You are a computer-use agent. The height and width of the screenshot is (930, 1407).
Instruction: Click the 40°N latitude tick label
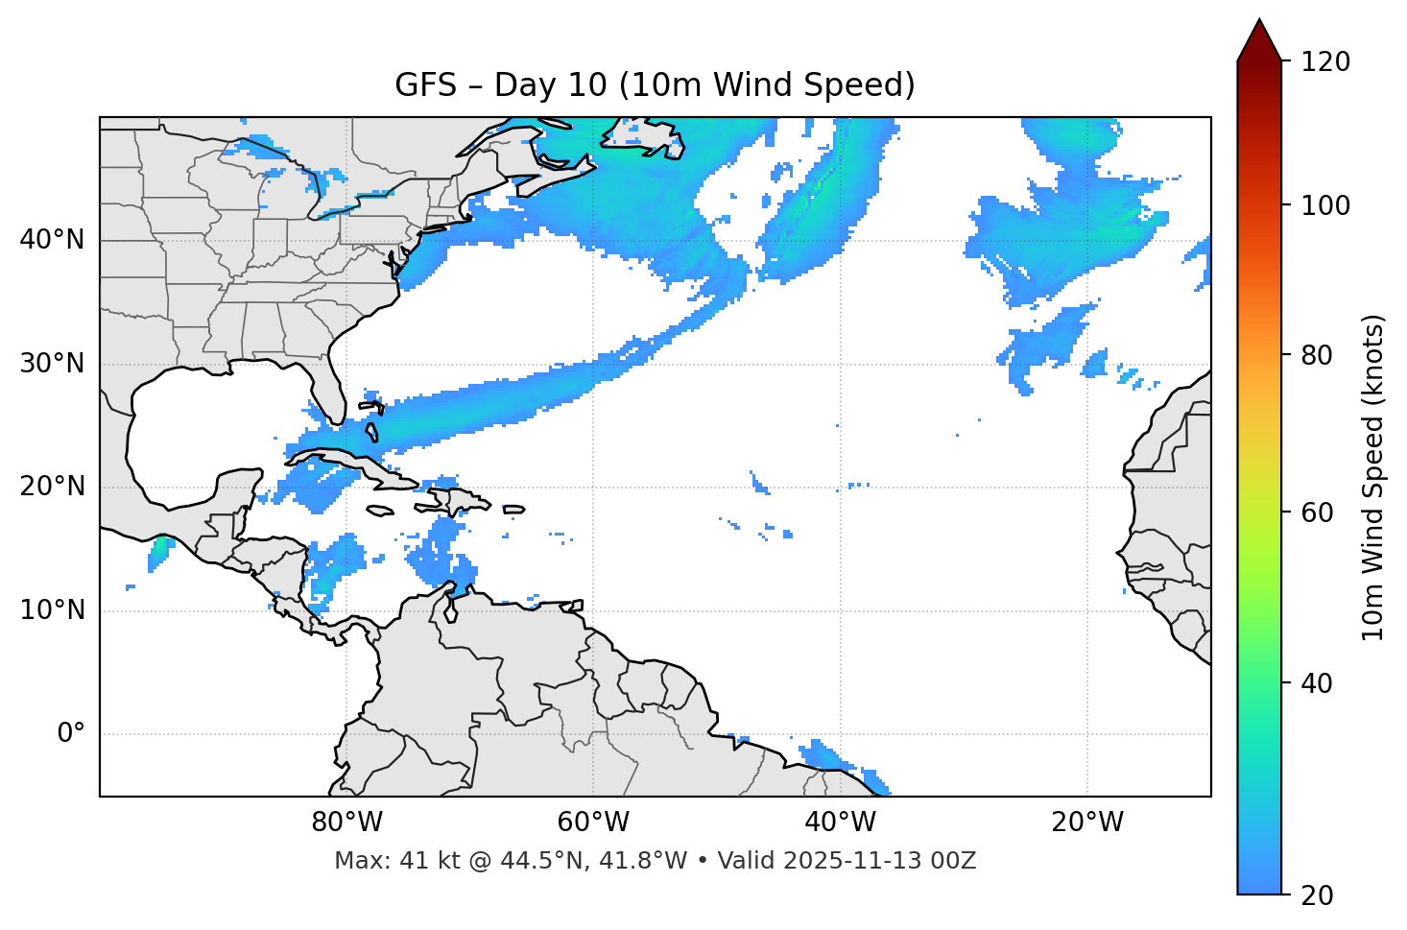52,240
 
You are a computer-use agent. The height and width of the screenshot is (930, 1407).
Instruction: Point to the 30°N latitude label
52,364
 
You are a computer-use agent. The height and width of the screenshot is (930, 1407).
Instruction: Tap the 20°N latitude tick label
52,487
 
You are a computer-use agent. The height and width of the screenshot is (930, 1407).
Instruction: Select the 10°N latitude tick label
52,610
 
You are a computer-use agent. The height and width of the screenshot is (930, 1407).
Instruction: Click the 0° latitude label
71,734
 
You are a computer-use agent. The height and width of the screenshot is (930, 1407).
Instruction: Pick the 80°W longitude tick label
346,823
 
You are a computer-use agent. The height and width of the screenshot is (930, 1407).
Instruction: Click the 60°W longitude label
593,823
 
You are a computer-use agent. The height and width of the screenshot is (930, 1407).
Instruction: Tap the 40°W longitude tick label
840,823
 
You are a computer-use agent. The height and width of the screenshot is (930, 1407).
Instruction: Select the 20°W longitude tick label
1086,823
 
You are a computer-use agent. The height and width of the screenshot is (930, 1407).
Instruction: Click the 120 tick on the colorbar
1325,62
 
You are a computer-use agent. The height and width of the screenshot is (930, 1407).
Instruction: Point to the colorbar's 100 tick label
1325,205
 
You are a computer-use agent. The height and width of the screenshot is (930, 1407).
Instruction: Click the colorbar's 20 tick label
1317,895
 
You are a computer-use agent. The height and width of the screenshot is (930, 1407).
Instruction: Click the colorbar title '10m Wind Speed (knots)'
1373,477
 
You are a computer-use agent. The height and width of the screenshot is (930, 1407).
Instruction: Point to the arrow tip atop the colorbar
1259,21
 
